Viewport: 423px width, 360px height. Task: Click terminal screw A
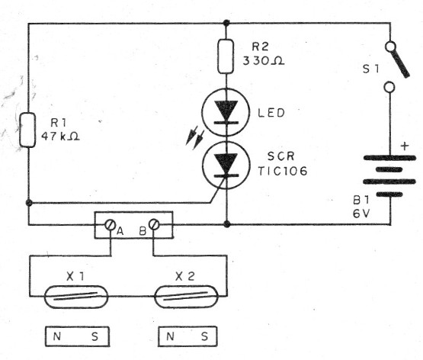112,225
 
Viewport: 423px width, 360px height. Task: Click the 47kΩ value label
65,138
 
